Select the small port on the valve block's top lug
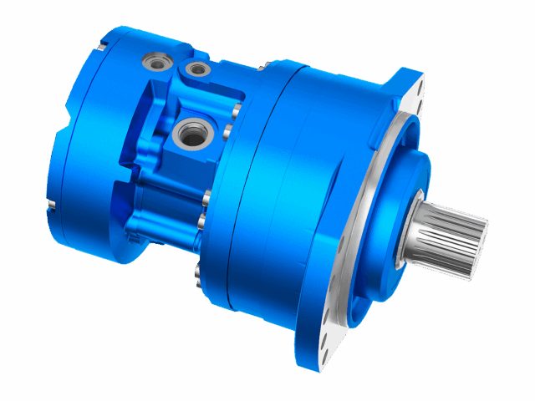[197, 69]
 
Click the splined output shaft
[455, 231]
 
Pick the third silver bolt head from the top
[206, 199]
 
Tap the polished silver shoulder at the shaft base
[416, 231]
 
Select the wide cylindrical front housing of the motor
[293, 192]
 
